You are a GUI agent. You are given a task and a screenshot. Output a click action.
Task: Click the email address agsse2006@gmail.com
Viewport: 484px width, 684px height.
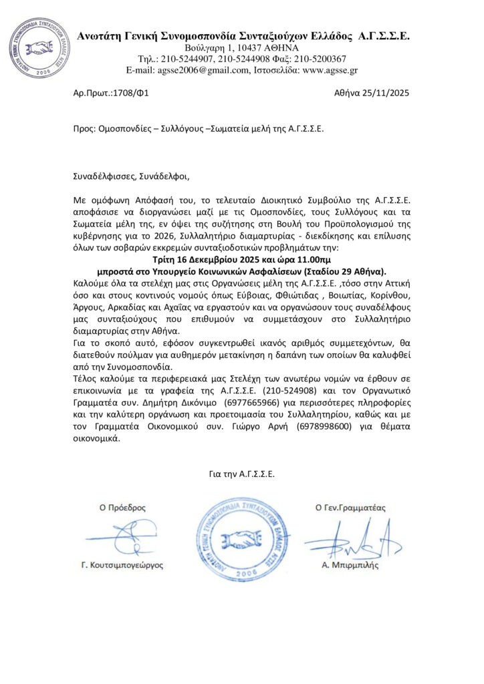click(x=205, y=69)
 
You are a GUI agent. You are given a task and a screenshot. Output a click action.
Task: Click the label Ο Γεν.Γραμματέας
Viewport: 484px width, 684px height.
click(x=350, y=508)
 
